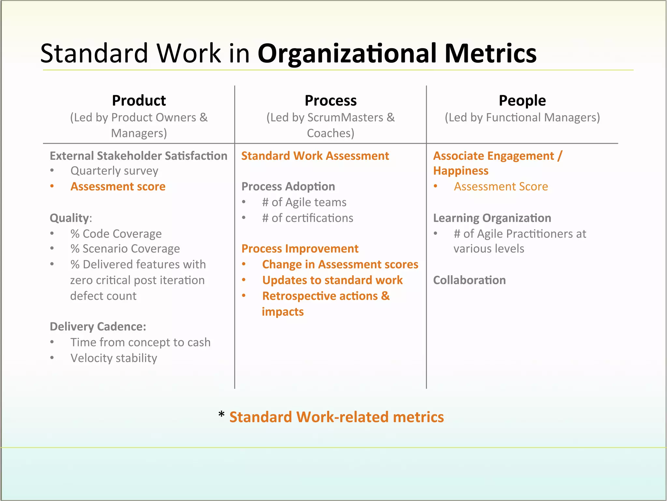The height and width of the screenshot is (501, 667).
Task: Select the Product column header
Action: (139, 100)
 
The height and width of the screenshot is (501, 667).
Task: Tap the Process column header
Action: (330, 100)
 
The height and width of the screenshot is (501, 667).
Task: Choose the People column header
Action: (522, 100)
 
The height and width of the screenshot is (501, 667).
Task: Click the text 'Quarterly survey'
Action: (114, 171)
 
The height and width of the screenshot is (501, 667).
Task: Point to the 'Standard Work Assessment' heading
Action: (315, 156)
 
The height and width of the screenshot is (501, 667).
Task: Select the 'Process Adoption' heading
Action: (288, 187)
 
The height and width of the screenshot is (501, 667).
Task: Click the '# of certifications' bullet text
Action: (307, 218)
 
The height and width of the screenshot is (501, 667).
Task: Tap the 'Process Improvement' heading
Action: (300, 249)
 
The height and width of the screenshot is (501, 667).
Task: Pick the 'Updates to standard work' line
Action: (332, 280)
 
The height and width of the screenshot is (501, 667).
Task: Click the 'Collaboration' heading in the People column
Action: (469, 280)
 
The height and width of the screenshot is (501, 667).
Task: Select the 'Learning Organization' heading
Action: (492, 218)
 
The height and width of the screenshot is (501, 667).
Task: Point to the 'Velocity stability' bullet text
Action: (114, 358)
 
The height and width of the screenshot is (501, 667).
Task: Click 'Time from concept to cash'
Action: (140, 342)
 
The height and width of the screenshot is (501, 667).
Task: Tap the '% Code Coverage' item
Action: (116, 234)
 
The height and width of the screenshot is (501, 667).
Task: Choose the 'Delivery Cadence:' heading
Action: (98, 326)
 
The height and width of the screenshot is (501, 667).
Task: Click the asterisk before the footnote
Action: (221, 415)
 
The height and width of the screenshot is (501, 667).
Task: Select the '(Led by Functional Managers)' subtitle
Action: (522, 117)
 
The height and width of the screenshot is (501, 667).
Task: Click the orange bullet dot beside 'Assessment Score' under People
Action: (435, 186)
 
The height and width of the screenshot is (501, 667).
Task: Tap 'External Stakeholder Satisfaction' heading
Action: (138, 156)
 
